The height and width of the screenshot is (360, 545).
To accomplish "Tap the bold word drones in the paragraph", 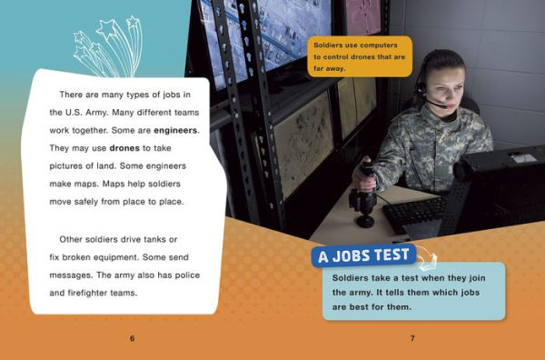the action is [124, 147].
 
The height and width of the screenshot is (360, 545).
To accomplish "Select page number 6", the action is [132, 338].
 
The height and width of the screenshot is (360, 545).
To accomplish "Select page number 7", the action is [411, 338].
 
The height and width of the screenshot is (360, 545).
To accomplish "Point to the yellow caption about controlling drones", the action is [360, 55].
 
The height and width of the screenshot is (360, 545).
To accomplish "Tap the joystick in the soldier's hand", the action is [366, 178].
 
